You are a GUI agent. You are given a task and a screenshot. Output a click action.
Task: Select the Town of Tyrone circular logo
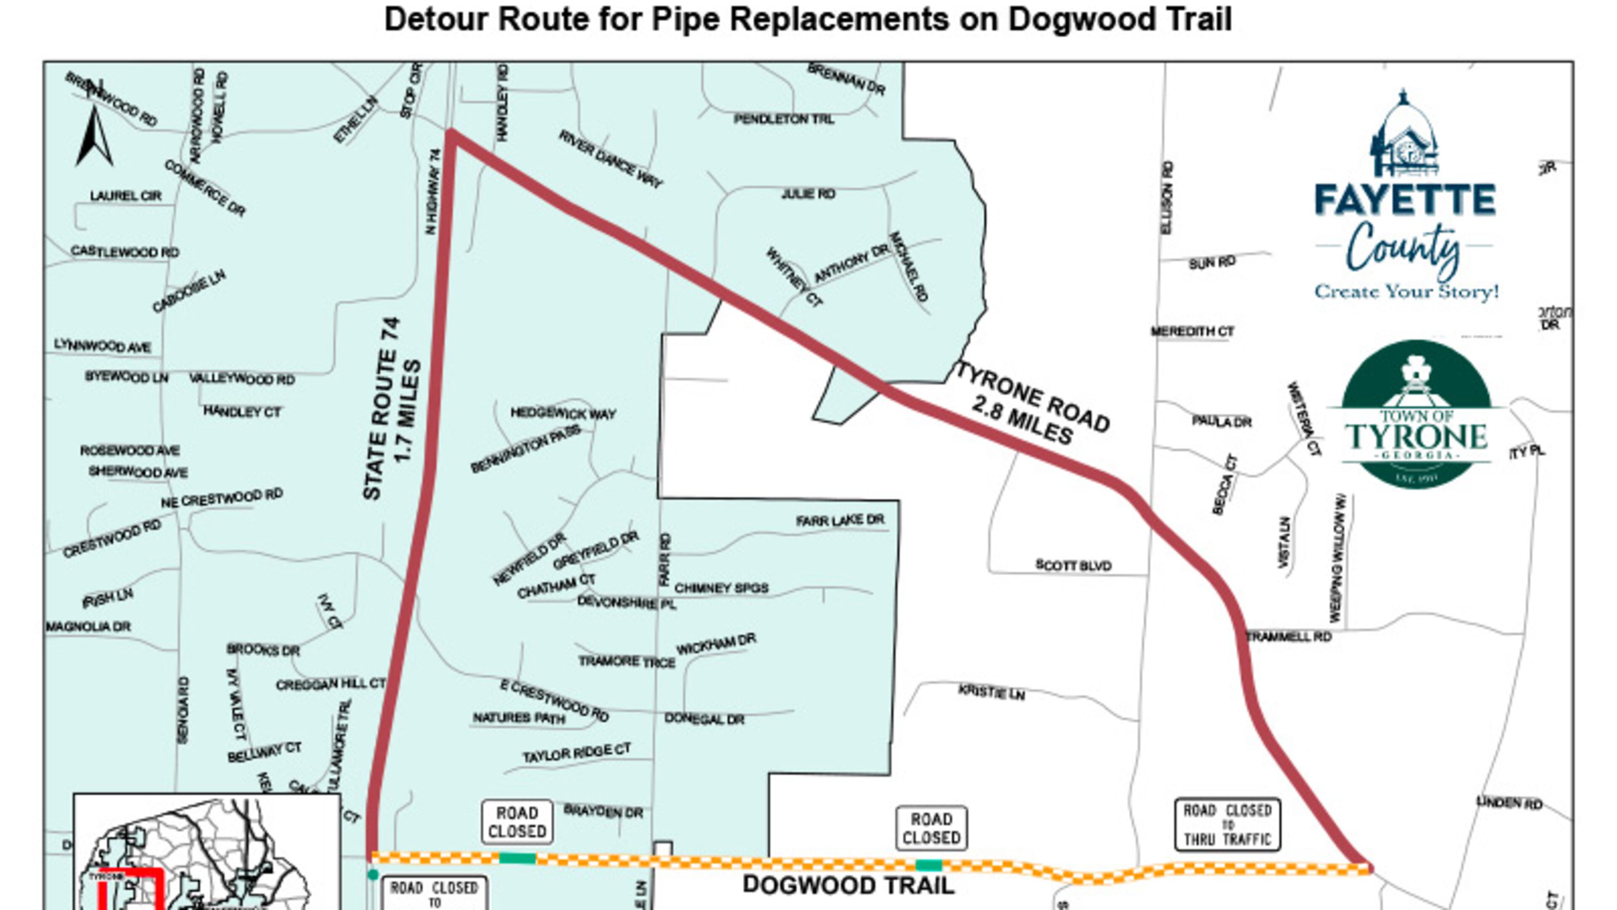coord(1416,415)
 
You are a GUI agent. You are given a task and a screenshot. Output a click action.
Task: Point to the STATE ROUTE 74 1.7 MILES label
coord(390,409)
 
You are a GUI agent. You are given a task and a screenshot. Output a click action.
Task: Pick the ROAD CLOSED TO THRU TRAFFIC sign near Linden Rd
coord(1227,824)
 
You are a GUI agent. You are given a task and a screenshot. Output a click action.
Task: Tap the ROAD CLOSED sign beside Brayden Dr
coord(517,822)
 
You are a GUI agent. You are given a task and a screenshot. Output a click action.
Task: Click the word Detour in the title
coord(436,19)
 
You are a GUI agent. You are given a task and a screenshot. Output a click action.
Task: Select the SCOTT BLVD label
coord(1073,565)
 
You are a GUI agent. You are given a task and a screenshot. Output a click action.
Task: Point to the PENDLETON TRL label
coord(783,119)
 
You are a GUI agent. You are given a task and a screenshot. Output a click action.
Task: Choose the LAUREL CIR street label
coord(125,196)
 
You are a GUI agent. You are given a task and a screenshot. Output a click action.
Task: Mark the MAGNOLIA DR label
coord(88,627)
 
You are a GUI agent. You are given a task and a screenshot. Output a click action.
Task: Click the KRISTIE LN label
coord(991,693)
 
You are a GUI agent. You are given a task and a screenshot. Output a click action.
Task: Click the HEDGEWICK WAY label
coord(563,413)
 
